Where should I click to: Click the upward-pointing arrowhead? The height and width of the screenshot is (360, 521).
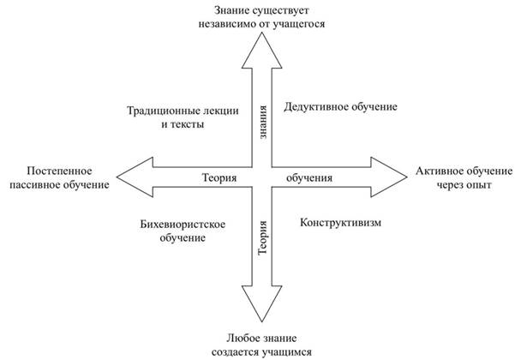262,51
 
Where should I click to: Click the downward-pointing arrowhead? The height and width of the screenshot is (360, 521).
262,303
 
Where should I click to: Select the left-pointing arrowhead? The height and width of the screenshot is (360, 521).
135,177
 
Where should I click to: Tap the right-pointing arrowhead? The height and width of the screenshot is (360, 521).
389,177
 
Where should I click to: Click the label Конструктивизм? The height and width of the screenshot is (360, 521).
340,222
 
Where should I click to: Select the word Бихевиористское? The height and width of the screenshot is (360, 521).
183,225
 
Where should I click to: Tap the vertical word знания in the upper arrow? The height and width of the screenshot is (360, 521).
262,122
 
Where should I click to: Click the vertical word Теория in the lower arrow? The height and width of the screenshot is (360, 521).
262,237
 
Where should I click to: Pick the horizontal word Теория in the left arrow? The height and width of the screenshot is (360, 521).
219,177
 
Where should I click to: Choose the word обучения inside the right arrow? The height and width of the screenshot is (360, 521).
309,178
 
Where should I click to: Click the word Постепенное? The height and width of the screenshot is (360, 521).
59,171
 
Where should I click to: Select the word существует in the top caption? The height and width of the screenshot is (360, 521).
281,11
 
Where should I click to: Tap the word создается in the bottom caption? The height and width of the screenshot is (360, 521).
236,352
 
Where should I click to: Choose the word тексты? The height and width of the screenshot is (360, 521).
188,124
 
